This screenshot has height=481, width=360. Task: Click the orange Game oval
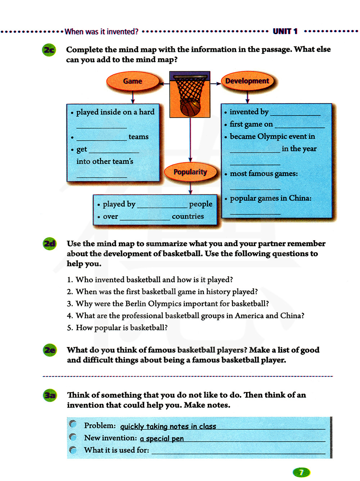coord(133,81)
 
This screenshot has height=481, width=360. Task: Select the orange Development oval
coord(247,81)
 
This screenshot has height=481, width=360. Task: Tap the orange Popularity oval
coord(190,172)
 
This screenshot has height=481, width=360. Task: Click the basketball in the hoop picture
coord(190,107)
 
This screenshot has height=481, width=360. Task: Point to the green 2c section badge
coord(49,50)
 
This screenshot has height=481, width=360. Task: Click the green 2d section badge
coord(49,244)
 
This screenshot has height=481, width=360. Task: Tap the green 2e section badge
coord(50,350)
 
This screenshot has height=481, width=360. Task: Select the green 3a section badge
coord(50,395)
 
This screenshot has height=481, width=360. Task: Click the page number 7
coord(301,472)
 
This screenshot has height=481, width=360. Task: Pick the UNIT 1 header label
coord(285,31)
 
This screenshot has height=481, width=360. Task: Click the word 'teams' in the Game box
coord(139,137)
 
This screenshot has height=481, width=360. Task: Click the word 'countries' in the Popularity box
coord(188,216)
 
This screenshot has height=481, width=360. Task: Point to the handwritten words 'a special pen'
coord(162,439)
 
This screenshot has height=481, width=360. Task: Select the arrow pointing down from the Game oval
coord(133,97)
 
